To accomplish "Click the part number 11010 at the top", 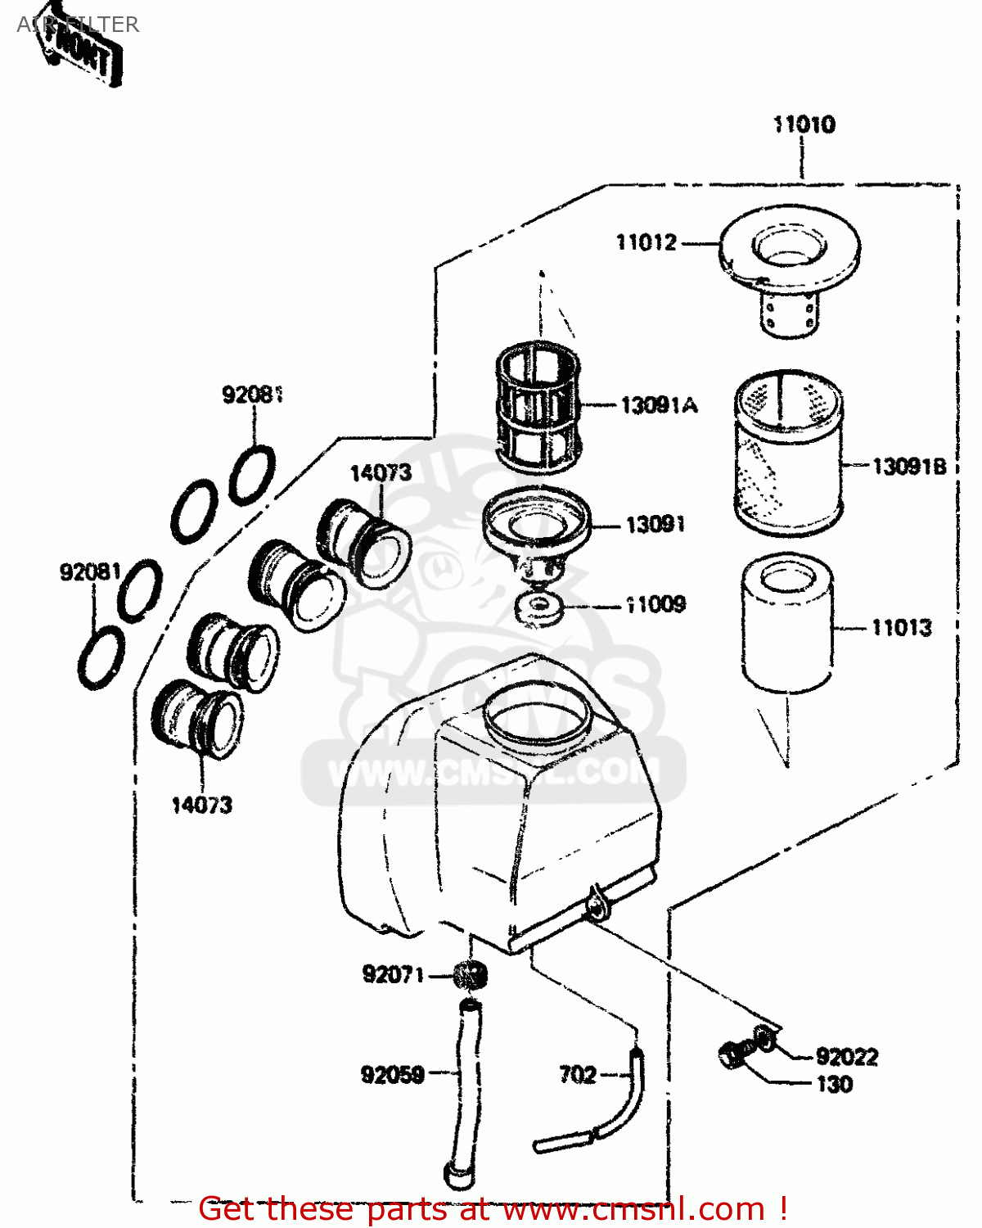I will point(804,124).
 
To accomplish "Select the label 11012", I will point(646,242).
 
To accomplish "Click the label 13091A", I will point(659,404).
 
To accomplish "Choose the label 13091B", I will point(908,467).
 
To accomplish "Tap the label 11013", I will point(901,628).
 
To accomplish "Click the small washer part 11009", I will point(538,609).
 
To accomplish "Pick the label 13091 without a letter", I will point(655,525).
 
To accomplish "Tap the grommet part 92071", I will point(471,975).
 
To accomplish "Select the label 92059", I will point(393,1074).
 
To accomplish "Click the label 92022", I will point(846,1057).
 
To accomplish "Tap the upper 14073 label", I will point(381,473).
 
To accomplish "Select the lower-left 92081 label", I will point(90,571).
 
